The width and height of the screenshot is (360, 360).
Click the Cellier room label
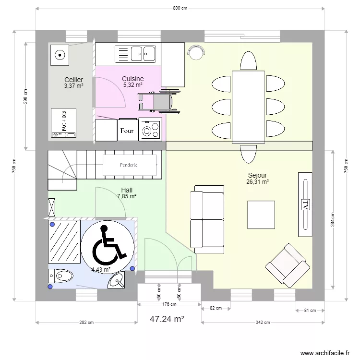pyautogui.click(x=73, y=80)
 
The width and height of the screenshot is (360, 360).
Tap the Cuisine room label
pyautogui.click(x=132, y=79)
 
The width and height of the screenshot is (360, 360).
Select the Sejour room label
pyautogui.click(x=257, y=175)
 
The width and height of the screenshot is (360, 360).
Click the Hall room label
pyautogui.click(x=127, y=190)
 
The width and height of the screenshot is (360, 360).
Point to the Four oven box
pyautogui.click(x=128, y=130)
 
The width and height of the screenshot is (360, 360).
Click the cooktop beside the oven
pyautogui.click(x=150, y=129)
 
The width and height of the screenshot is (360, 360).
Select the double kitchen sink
pyautogui.click(x=135, y=54)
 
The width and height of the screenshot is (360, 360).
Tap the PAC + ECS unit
pyautogui.click(x=63, y=123)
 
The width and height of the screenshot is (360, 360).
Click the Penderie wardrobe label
pyautogui.click(x=129, y=165)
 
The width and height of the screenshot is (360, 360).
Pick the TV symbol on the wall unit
pyautogui.click(x=305, y=205)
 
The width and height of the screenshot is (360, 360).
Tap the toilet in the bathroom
pyautogui.click(x=60, y=276)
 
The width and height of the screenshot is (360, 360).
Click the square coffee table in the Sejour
pyautogui.click(x=261, y=215)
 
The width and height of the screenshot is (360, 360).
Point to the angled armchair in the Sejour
pyautogui.click(x=288, y=265)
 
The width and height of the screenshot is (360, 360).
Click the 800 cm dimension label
pyautogui.click(x=180, y=8)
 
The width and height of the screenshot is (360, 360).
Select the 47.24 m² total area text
pyautogui.click(x=167, y=319)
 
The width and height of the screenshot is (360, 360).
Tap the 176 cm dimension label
pyautogui.click(x=169, y=304)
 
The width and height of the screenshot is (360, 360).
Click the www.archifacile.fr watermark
pyautogui.click(x=325, y=353)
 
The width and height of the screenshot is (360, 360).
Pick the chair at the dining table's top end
pyautogui.click(x=248, y=60)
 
